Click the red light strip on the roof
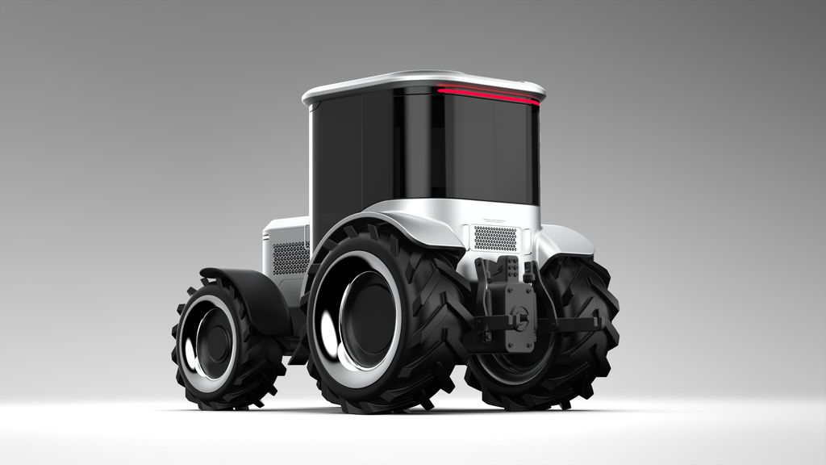pyautogui.click(x=487, y=94)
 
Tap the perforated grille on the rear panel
pyautogui.click(x=494, y=237)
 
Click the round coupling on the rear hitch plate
pyautogui.click(x=520, y=315)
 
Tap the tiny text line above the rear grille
pyautogui.click(x=494, y=220)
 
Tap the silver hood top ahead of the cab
pyautogui.click(x=284, y=223)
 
